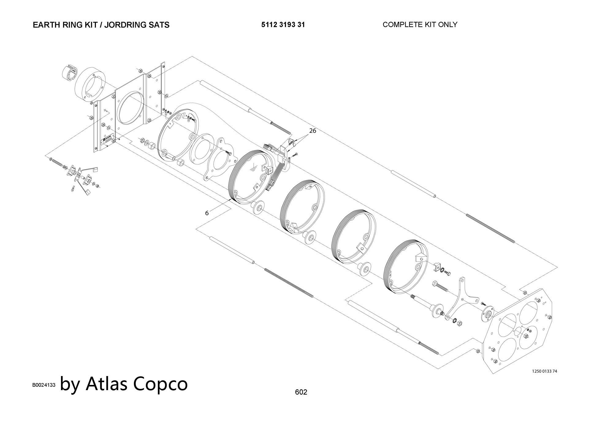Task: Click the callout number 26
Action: click(312, 131)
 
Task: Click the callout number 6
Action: click(207, 213)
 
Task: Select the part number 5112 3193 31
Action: click(283, 25)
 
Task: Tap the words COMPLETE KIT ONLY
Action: click(420, 24)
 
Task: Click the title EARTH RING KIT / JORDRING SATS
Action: click(101, 25)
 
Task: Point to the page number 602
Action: click(301, 392)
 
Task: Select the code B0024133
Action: click(44, 385)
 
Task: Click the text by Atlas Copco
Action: click(124, 384)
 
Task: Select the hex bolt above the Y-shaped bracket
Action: click(440, 286)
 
